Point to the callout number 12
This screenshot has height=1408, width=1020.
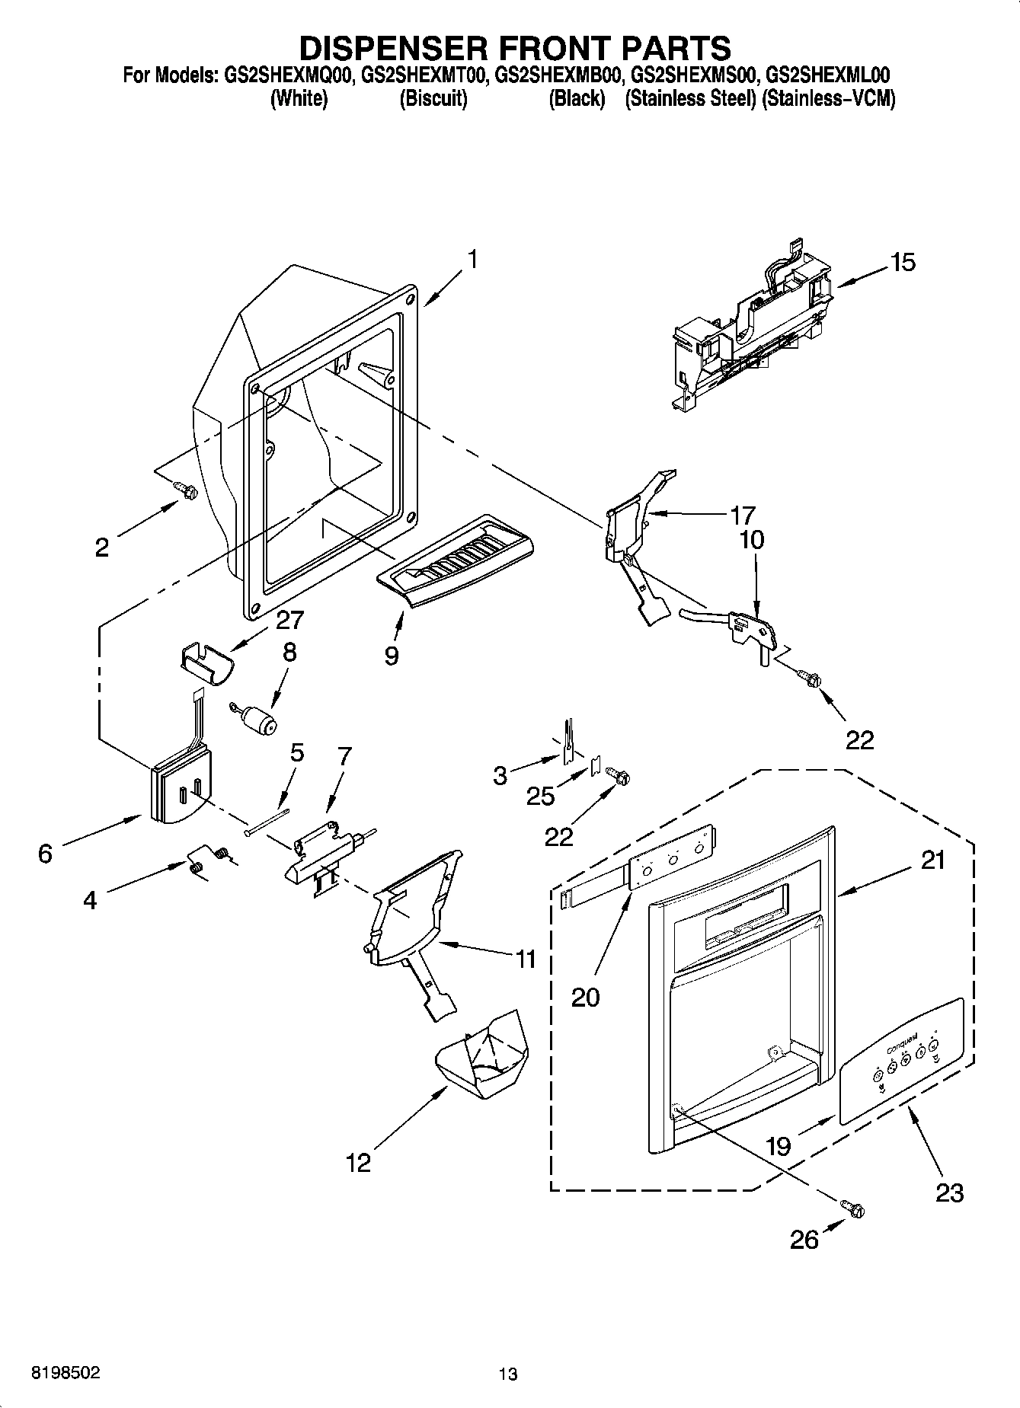[358, 1162]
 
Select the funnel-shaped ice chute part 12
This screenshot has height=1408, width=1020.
[483, 1055]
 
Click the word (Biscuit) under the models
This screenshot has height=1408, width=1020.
[433, 99]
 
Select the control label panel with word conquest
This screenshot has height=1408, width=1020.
[901, 1061]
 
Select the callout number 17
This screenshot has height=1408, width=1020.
[742, 516]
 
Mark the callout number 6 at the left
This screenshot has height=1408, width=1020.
[46, 854]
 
